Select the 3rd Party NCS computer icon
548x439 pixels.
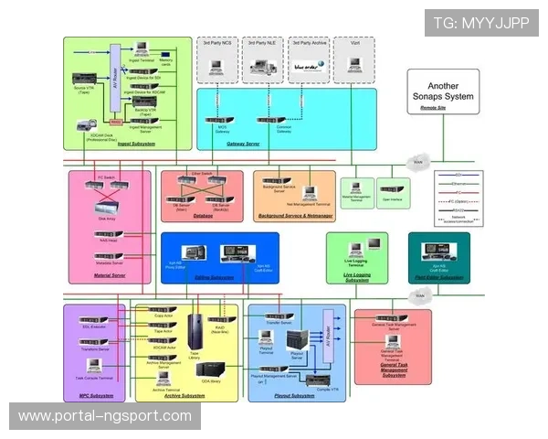click(217, 66)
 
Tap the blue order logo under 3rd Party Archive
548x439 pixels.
click(307, 66)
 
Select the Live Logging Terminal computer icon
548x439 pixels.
click(374, 244)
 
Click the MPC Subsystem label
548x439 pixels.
click(96, 395)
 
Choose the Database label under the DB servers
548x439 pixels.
click(203, 217)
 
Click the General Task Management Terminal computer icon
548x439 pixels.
click(392, 342)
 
